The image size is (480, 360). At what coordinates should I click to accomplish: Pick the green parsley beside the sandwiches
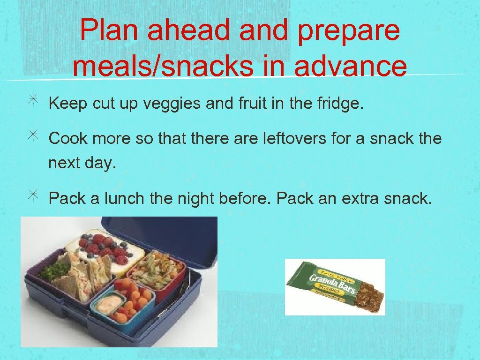tap(53, 270)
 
